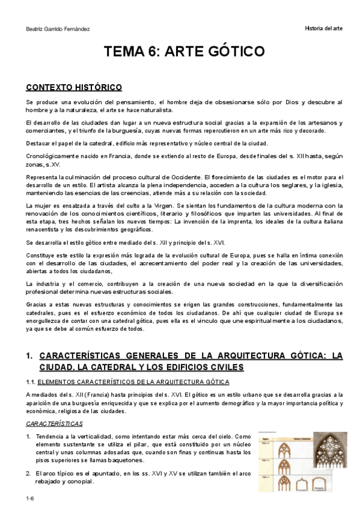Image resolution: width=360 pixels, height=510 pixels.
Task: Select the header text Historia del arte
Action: coord(323,29)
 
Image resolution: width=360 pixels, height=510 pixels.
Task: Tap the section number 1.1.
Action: coord(31,381)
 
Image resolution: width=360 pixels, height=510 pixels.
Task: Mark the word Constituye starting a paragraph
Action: coord(41,255)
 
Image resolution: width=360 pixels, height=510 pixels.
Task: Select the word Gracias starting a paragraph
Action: coord(38,304)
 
